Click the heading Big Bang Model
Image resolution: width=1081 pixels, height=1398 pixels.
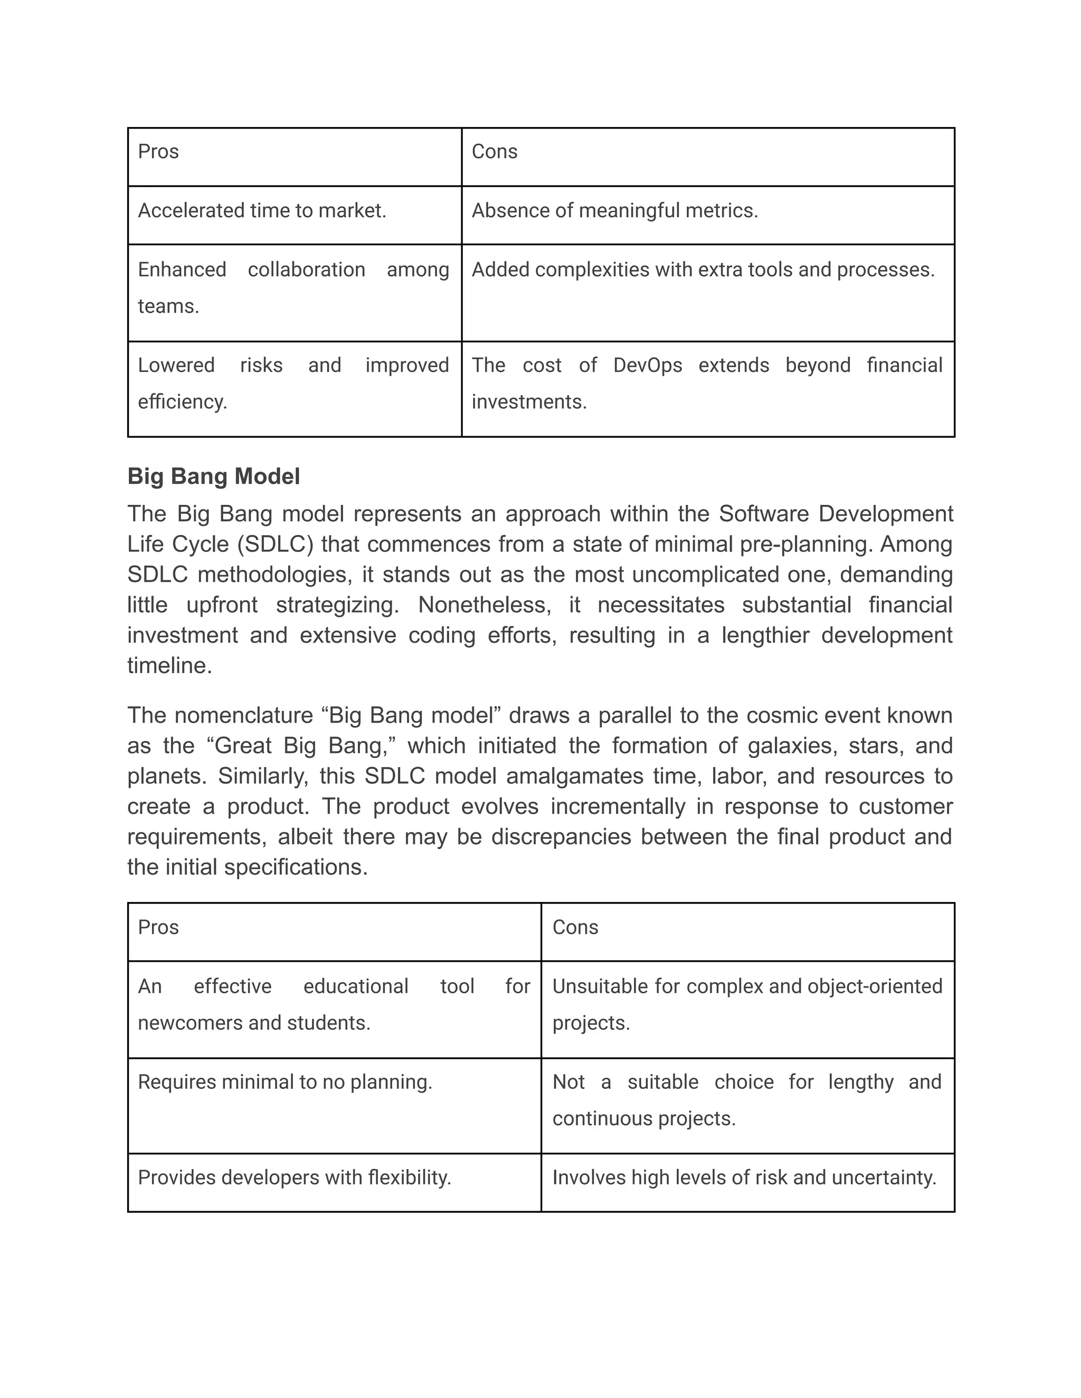[213, 476]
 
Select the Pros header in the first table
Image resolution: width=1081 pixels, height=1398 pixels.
[158, 152]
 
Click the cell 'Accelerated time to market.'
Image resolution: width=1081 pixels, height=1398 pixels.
[262, 210]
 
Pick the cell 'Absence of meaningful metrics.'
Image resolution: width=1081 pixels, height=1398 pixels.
[614, 210]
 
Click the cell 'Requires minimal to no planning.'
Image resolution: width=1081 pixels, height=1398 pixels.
[285, 1082]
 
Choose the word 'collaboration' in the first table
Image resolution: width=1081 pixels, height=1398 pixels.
[306, 270]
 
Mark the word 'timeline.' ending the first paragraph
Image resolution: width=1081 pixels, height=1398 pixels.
[169, 666]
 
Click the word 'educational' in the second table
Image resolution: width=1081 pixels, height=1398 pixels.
[355, 986]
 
